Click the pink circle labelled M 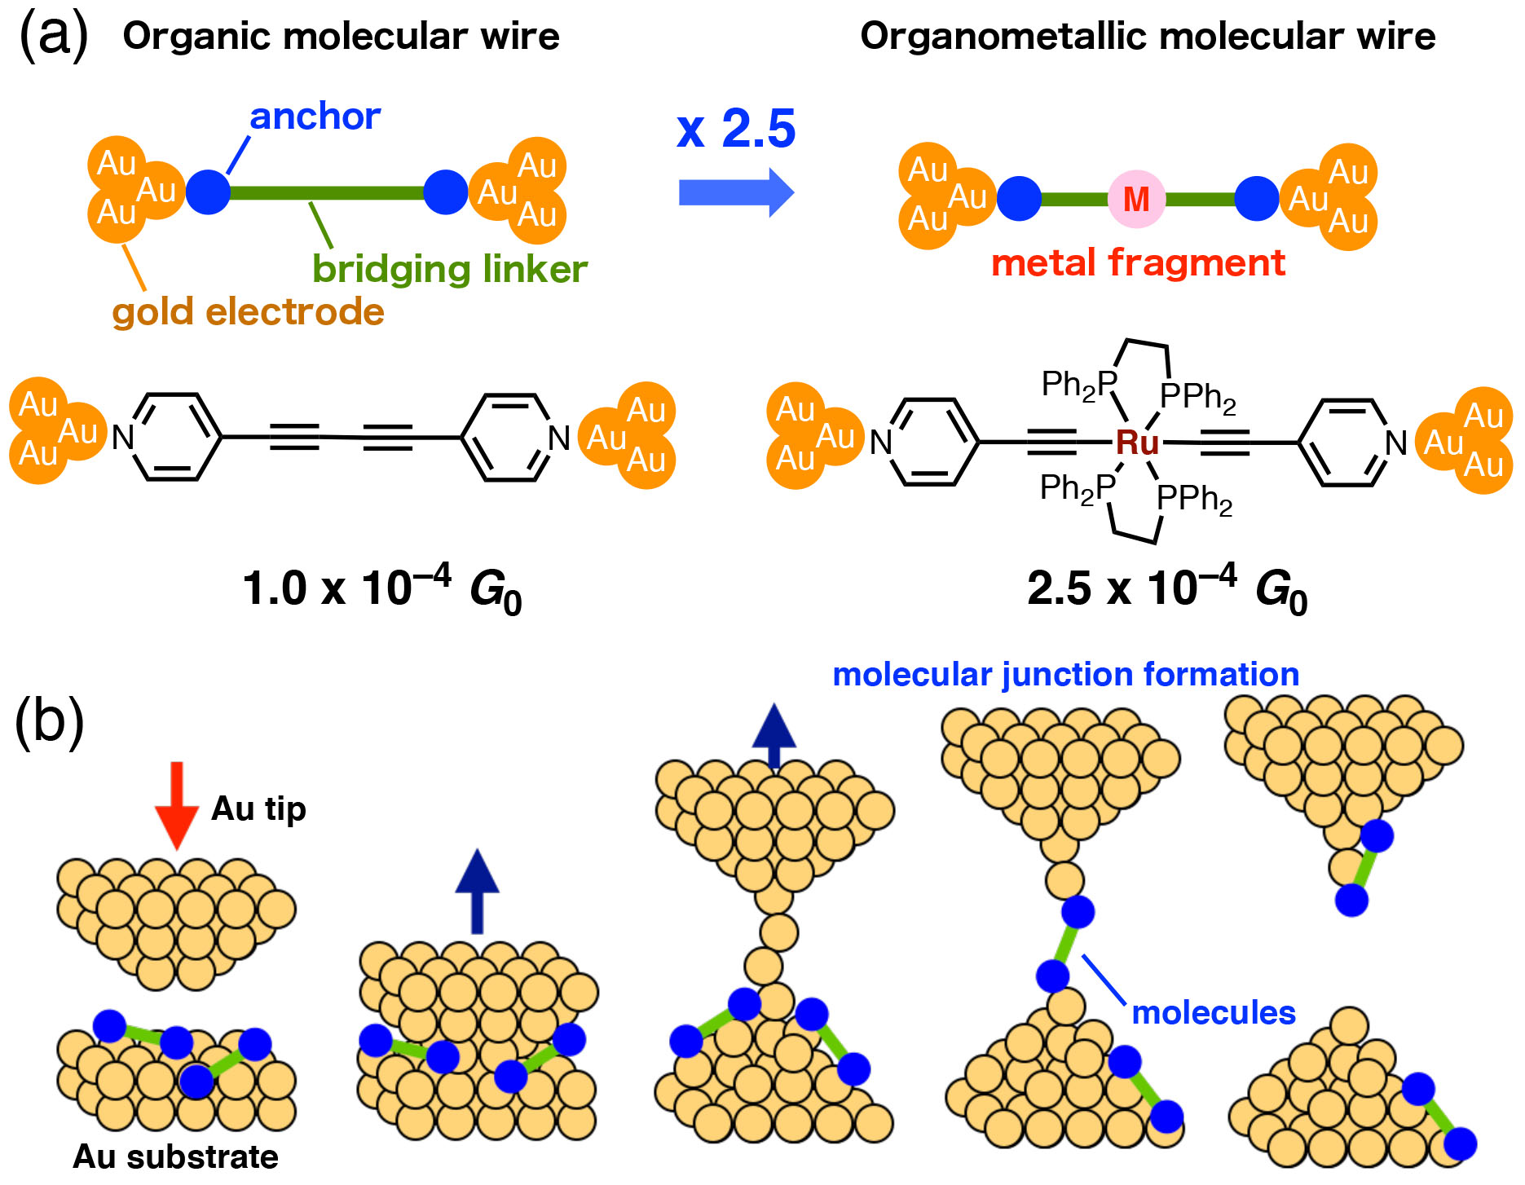pyautogui.click(x=1135, y=199)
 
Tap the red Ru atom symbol pyautogui.click(x=1136, y=443)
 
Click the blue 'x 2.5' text pyautogui.click(x=736, y=129)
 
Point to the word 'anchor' pyautogui.click(x=315, y=117)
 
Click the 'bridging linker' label pyautogui.click(x=450, y=269)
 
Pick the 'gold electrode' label pyautogui.click(x=248, y=311)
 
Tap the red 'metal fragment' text pyautogui.click(x=1138, y=263)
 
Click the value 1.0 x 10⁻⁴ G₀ pyautogui.click(x=381, y=589)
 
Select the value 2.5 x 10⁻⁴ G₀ pyautogui.click(x=1167, y=589)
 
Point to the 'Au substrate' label pyautogui.click(x=176, y=1156)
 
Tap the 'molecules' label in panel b pyautogui.click(x=1213, y=1013)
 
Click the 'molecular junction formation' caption pyautogui.click(x=1065, y=675)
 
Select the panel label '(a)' pyautogui.click(x=53, y=36)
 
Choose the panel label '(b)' pyautogui.click(x=50, y=720)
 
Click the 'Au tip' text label pyautogui.click(x=258, y=808)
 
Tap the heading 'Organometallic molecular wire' pyautogui.click(x=1148, y=36)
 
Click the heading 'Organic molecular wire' pyautogui.click(x=341, y=36)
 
